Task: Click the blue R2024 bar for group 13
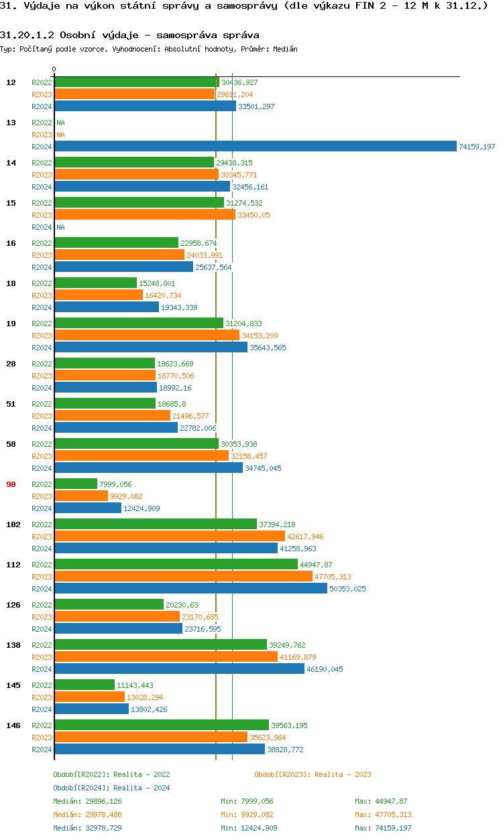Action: (x=255, y=147)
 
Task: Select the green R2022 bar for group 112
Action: (x=176, y=565)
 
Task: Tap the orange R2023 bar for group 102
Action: (x=169, y=537)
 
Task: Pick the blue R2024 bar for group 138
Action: (x=179, y=669)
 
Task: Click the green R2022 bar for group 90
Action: (x=76, y=484)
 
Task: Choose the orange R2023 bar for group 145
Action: (x=89, y=697)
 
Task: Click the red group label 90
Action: (x=11, y=484)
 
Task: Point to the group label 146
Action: (x=13, y=725)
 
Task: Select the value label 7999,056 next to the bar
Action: (x=115, y=484)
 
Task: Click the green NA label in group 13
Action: (x=60, y=123)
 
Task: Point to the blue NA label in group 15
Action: (x=60, y=227)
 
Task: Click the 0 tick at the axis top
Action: (x=54, y=70)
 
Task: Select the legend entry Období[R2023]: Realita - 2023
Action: (x=313, y=774)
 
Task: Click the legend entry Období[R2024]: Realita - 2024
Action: (x=111, y=788)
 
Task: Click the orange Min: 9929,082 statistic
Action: (x=247, y=815)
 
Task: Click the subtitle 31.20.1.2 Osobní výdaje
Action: (x=129, y=35)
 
